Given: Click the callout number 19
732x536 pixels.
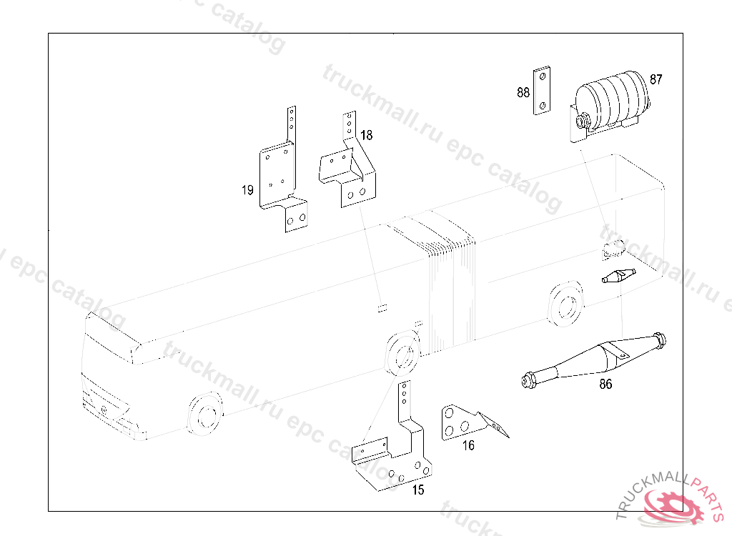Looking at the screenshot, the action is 247,190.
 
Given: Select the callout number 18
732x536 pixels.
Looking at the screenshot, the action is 367,135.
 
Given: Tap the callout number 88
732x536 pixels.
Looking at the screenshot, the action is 523,92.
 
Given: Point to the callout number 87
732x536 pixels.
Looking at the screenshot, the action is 656,79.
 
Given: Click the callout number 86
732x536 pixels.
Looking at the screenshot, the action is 605,384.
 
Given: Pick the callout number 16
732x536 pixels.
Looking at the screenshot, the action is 468,445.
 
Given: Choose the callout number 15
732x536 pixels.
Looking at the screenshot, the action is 417,490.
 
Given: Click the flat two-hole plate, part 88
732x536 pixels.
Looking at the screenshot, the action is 542,91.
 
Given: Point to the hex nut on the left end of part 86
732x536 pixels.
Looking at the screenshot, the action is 528,380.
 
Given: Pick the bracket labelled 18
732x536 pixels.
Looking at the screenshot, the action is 349,164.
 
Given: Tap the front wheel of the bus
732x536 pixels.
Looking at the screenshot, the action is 204,414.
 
